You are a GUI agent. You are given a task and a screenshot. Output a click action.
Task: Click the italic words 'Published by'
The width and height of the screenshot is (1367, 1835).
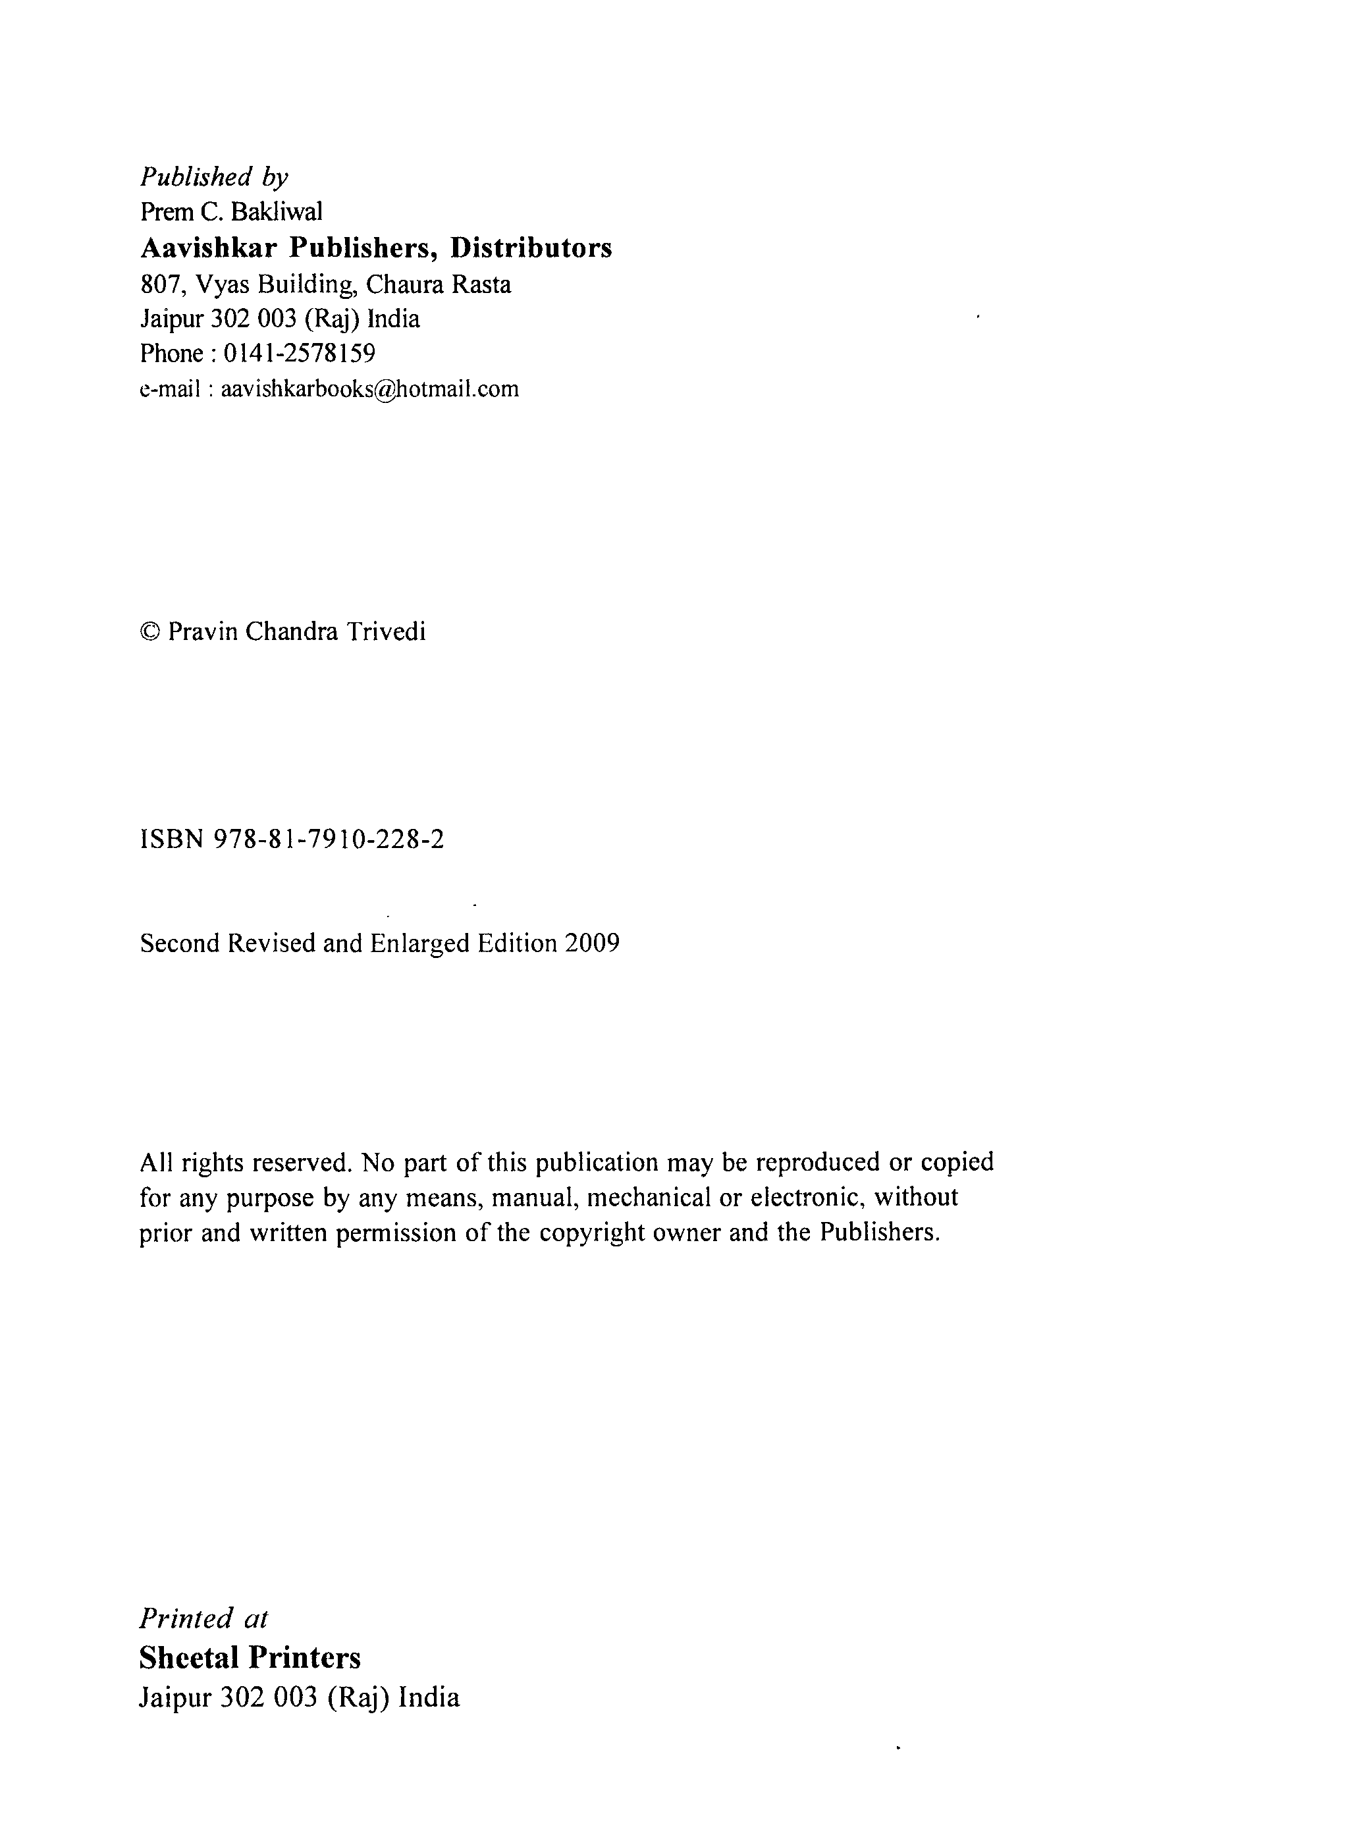click(x=213, y=177)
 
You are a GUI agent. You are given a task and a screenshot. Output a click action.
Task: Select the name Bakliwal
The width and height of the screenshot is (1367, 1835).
click(x=277, y=213)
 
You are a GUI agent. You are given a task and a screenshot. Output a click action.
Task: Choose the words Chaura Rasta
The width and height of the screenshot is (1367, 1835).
click(x=439, y=284)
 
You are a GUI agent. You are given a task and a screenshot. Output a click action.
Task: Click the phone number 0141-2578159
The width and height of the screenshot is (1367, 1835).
click(x=300, y=354)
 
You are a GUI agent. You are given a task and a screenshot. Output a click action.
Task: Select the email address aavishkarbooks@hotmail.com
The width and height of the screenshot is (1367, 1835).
click(x=370, y=389)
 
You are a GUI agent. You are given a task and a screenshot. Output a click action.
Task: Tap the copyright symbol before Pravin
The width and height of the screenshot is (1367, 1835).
click(x=149, y=633)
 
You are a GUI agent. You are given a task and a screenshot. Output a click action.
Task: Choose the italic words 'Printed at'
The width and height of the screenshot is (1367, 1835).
click(x=203, y=1619)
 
